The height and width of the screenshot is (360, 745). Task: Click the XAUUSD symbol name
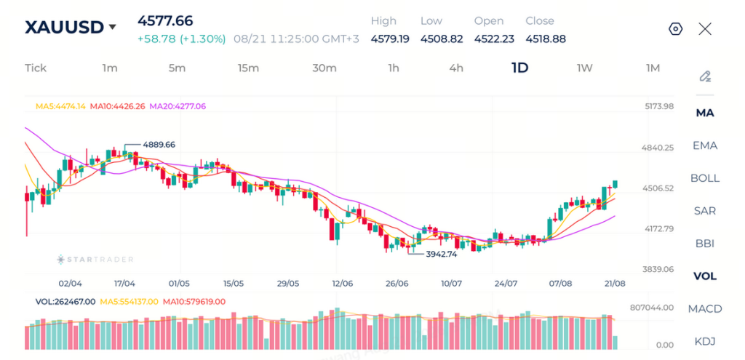pos(64,28)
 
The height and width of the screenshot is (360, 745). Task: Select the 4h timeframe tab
pos(456,68)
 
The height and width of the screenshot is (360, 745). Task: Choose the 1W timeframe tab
pos(584,68)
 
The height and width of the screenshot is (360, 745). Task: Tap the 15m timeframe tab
pos(249,68)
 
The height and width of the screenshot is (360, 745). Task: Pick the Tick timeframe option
pos(36,68)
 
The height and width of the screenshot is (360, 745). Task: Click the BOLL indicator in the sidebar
pos(705,178)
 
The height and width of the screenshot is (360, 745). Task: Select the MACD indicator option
pos(705,308)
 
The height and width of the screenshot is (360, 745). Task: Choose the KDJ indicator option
pos(705,342)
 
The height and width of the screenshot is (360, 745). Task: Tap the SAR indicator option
pos(705,211)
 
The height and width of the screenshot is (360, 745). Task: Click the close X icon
pos(705,29)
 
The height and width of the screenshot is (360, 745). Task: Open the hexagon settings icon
pos(675,29)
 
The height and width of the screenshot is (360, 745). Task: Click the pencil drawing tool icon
pos(705,76)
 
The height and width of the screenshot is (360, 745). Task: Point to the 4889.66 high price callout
pos(159,145)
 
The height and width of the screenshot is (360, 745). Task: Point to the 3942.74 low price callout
pos(441,254)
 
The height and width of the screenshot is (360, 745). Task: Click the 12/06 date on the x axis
pos(343,284)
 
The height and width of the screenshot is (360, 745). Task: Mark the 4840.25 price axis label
pos(658,148)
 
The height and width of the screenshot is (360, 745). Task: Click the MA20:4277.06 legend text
pos(178,106)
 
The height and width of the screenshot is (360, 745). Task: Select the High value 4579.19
pos(390,39)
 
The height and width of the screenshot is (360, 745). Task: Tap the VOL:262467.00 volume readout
pos(65,301)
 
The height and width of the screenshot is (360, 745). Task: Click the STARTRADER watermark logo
pos(95,260)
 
